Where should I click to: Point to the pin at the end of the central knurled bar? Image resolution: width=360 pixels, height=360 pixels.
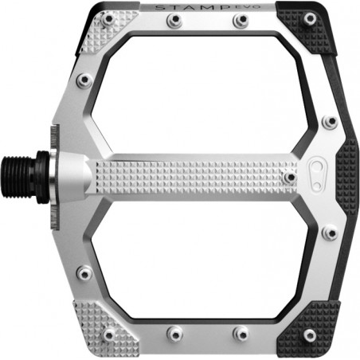289,176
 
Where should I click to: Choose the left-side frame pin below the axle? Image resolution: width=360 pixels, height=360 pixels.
84,272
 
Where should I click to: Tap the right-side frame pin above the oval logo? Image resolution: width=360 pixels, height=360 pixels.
329,122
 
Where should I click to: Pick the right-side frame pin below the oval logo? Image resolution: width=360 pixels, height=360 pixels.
329,232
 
